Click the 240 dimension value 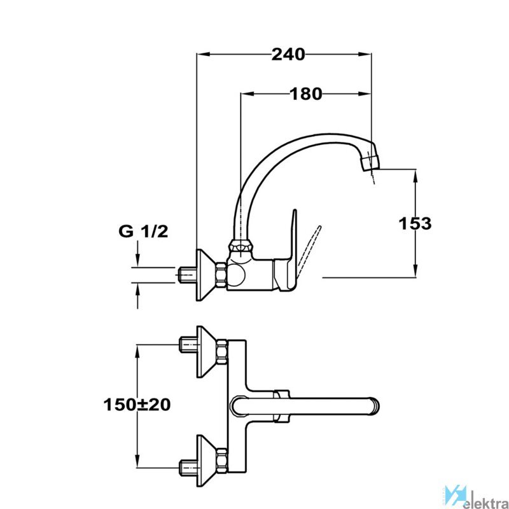[288, 54]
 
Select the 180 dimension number [306, 94]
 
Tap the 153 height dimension [415, 223]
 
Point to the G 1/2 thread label [144, 232]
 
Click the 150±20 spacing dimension [137, 405]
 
